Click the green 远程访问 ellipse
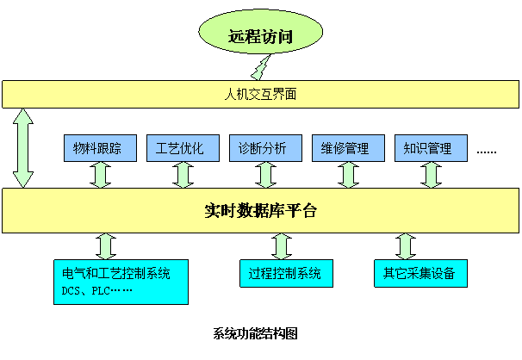tap(261, 35)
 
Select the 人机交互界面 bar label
tap(260, 94)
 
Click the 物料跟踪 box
tap(100, 148)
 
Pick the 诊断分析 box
tap(265, 148)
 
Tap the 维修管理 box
tap(348, 148)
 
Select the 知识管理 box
tap(430, 148)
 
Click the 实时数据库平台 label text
tap(260, 210)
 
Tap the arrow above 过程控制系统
tap(282, 245)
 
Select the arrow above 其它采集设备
tap(406, 245)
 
